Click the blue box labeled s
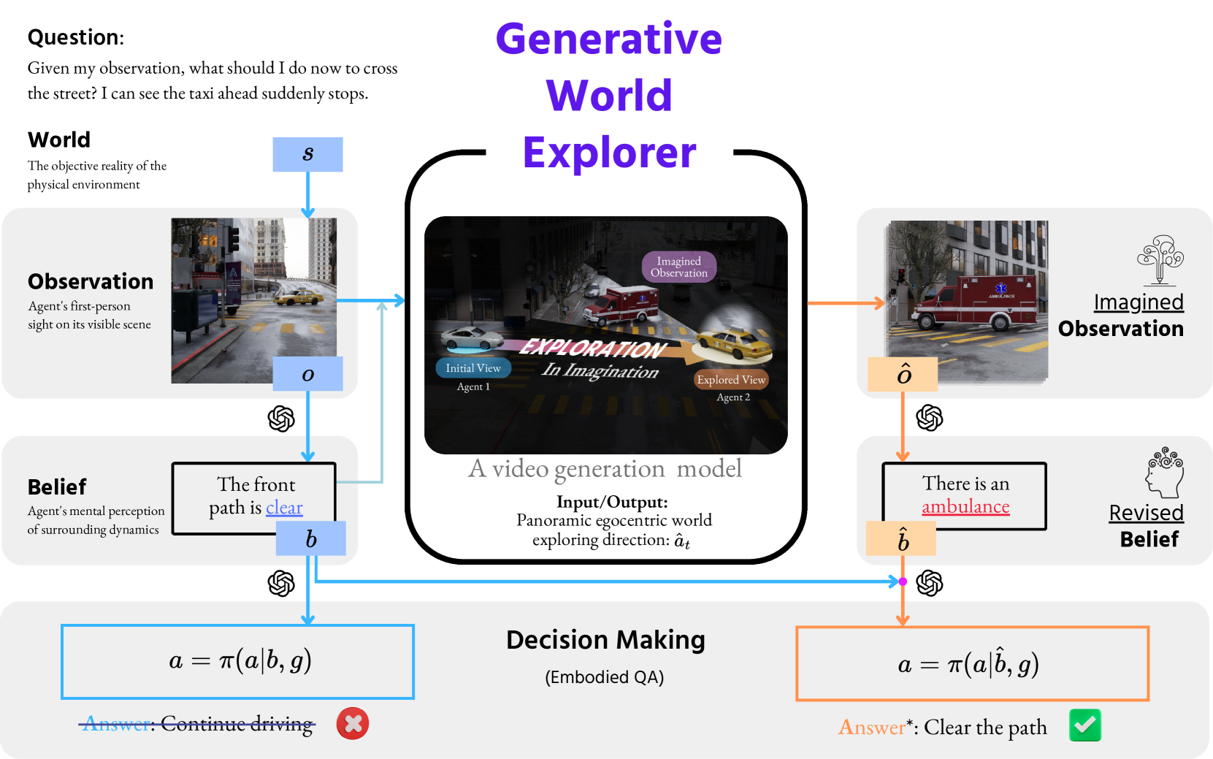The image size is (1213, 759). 307,154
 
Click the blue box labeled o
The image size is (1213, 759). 307,374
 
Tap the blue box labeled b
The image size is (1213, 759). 311,538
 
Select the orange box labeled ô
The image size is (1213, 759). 904,374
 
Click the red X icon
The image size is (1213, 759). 353,723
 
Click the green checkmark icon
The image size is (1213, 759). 1084,725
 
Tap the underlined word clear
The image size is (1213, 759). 284,508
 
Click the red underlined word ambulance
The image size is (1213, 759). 965,507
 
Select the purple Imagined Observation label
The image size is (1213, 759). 679,267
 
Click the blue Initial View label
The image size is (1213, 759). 473,368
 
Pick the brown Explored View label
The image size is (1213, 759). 731,379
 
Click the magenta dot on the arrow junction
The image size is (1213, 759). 903,581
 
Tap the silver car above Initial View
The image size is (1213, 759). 472,338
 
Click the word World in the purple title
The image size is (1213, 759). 609,96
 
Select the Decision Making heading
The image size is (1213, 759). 605,640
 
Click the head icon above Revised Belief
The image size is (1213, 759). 1164,473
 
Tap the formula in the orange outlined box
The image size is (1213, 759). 968,664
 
